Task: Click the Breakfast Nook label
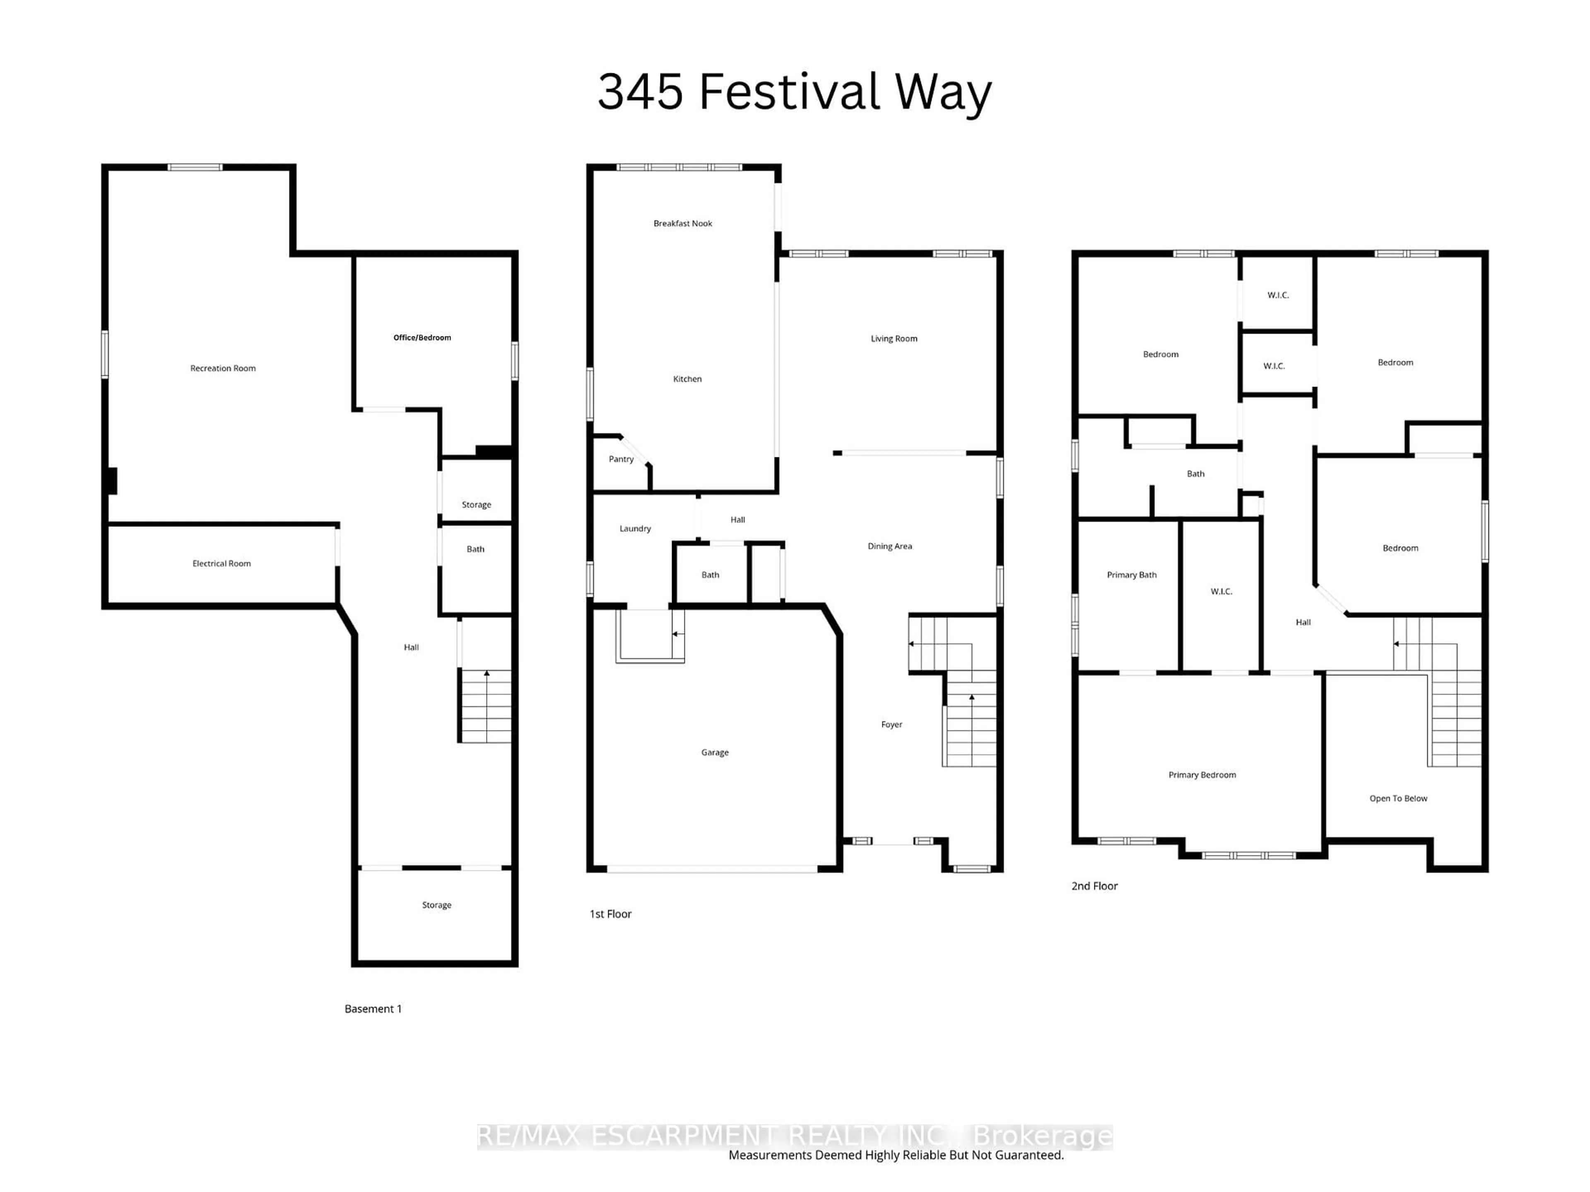tap(682, 223)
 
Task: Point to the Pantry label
tap(621, 459)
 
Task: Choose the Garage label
tap(715, 752)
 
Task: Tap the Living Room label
tap(894, 339)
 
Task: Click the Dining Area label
tap(889, 546)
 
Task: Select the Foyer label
tap(891, 724)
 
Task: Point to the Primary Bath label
tap(1131, 575)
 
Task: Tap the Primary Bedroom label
tap(1202, 774)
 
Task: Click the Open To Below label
tap(1397, 798)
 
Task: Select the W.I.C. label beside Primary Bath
tap(1221, 591)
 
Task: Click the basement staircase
tap(486, 706)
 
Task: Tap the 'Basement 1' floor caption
tap(373, 1009)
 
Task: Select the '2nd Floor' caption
tap(1094, 886)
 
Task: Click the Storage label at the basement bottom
tap(436, 905)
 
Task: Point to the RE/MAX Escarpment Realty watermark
tap(794, 1136)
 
